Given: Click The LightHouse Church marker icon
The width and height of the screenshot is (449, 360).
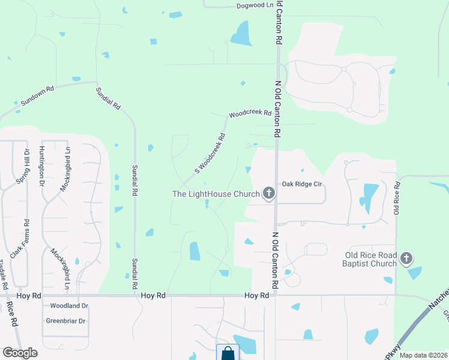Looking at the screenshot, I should point(269,193).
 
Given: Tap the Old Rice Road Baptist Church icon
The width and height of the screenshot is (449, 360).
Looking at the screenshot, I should point(406,259).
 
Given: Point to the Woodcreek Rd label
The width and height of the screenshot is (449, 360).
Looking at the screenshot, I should point(250,113).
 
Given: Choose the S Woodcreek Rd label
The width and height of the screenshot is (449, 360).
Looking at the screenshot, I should point(209,154).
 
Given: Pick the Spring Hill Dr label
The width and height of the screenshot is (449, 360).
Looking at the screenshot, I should point(26,166).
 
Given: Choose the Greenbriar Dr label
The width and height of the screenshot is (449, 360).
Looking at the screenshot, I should point(65,321).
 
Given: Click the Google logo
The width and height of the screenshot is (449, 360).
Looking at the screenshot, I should point(20,353).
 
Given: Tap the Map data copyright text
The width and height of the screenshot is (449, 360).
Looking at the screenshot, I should point(423,355).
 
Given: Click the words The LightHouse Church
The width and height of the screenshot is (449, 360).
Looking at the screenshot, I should point(215,194).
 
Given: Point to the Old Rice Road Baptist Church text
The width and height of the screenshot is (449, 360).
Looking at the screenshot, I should point(369,259).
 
